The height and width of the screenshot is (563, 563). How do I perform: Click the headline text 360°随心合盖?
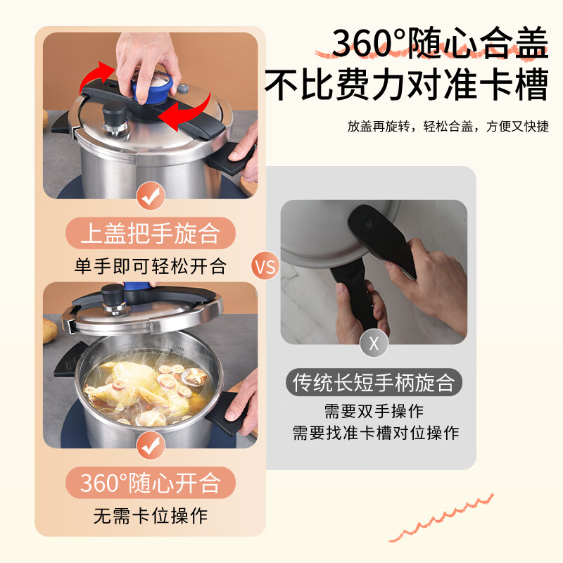[439, 44]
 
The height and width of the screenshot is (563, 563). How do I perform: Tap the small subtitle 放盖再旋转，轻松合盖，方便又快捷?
[447, 127]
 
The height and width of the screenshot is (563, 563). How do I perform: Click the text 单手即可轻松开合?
[150, 266]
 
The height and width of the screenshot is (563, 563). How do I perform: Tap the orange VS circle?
[265, 267]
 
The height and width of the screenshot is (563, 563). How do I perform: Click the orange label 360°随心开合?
[150, 483]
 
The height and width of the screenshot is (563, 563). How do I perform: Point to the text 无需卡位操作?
[150, 515]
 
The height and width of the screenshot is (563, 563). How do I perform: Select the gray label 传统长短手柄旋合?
[374, 383]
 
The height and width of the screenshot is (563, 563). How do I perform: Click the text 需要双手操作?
[374, 411]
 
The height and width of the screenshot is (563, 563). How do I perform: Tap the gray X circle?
[374, 343]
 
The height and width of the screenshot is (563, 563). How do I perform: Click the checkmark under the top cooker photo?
[150, 198]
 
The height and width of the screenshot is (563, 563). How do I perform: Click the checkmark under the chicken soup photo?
[150, 445]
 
